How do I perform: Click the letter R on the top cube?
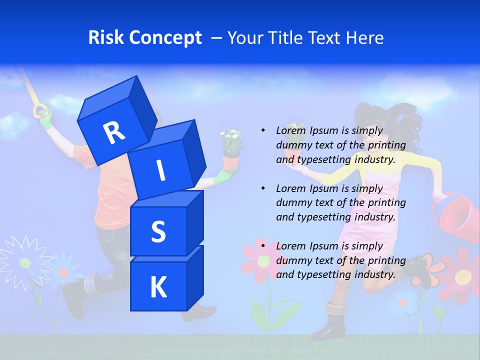pos(114,132)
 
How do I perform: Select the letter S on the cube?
pos(158,232)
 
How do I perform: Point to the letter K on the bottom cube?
pos(158,287)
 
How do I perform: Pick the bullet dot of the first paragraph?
pos(263,130)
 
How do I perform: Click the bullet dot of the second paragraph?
pos(263,188)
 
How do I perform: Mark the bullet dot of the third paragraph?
pos(263,246)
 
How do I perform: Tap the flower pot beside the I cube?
pos(231,161)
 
